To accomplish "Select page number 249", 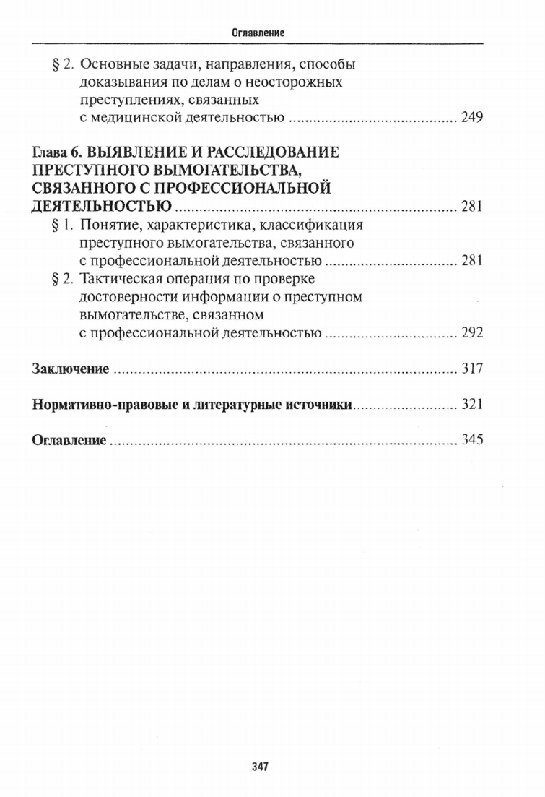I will [471, 118].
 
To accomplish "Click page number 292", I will [471, 333].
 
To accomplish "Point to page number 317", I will [471, 369].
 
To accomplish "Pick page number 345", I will [471, 439].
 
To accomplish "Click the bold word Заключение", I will [71, 369].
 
